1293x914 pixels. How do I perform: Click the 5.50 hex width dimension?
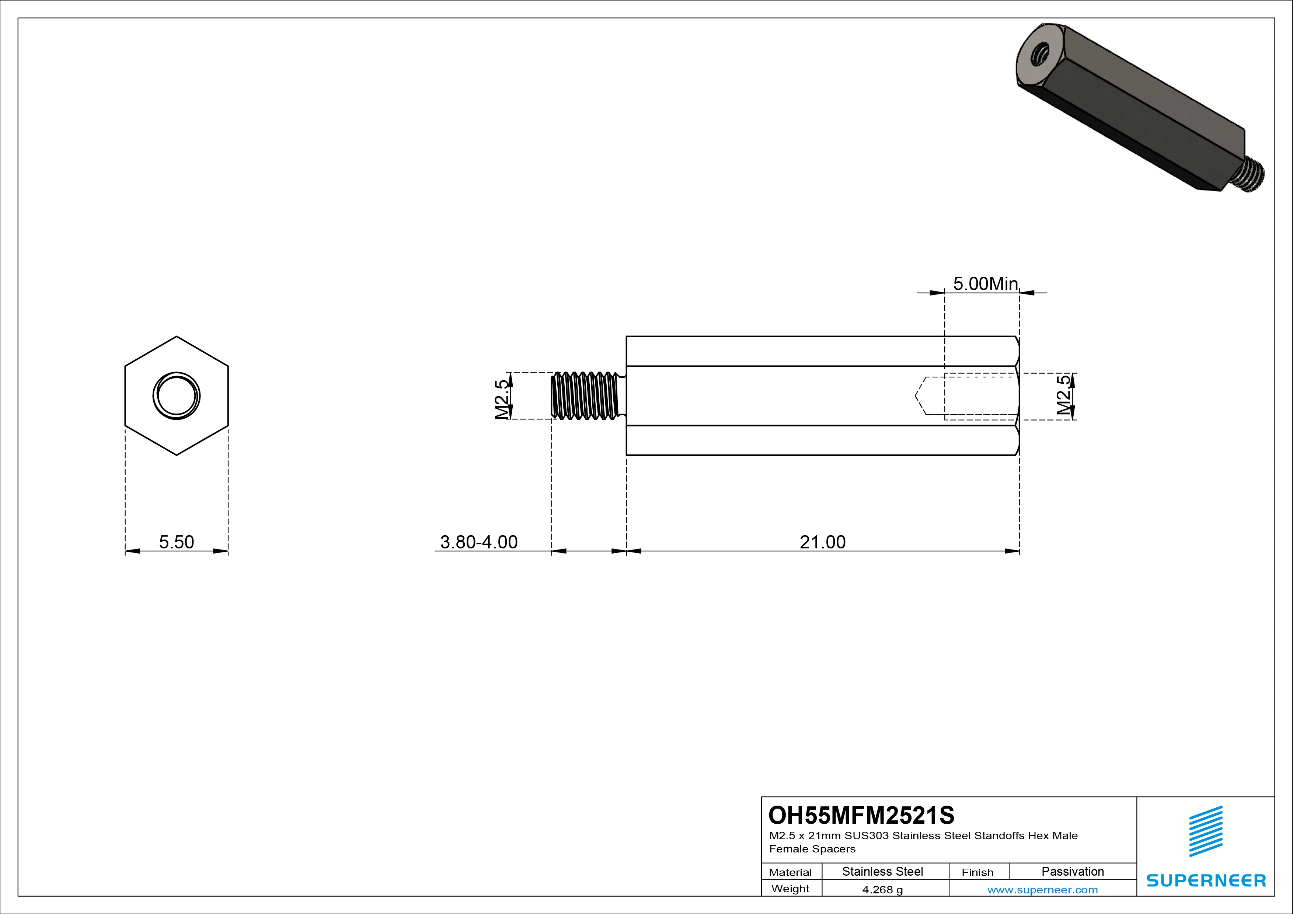pyautogui.click(x=176, y=542)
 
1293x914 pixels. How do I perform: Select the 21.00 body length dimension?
pyautogui.click(x=822, y=542)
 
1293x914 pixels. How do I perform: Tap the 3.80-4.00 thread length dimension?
pyautogui.click(x=479, y=542)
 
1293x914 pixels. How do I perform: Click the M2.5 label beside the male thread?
pyautogui.click(x=502, y=399)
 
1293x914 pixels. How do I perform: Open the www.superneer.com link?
pyautogui.click(x=1042, y=890)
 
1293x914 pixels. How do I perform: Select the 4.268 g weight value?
pyautogui.click(x=882, y=890)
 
